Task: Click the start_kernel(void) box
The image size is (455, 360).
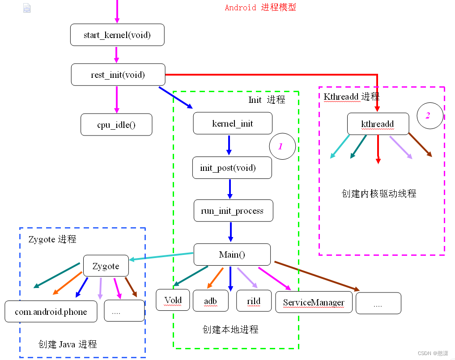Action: tap(117, 35)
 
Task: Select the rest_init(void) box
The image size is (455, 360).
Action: tap(118, 75)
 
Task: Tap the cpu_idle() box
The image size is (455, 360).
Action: tap(116, 125)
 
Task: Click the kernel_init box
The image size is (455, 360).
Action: tap(233, 123)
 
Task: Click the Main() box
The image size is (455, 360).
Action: tap(232, 254)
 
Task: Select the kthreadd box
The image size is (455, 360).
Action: tap(378, 124)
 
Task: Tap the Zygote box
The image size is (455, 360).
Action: tap(106, 266)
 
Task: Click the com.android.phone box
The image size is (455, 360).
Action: tap(51, 312)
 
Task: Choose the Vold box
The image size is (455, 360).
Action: tap(173, 300)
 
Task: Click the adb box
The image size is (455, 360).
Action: tap(211, 301)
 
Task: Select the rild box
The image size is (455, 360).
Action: tap(254, 301)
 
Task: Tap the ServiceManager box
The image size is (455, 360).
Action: tap(314, 302)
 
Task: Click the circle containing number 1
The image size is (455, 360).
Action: tap(282, 146)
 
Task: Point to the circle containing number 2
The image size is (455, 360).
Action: tap(429, 116)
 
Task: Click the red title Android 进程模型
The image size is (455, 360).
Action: tap(260, 8)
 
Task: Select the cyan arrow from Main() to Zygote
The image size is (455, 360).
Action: tap(161, 257)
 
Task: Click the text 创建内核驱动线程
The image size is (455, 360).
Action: tap(379, 193)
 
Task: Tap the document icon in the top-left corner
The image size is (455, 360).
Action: tap(27, 8)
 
